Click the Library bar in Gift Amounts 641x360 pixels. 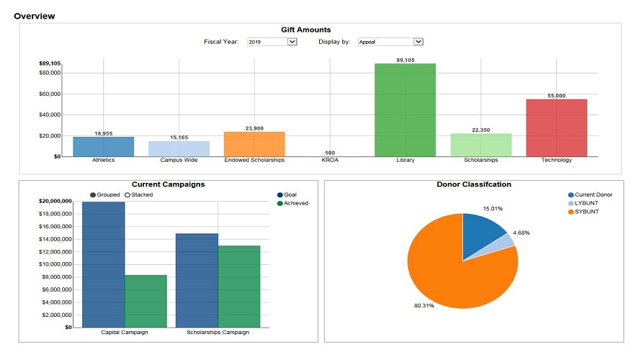tap(405, 110)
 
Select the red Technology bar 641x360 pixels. tap(556, 127)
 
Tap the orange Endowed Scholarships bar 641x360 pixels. tap(254, 144)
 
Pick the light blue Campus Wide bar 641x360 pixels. tap(179, 148)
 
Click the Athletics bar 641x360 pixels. tap(103, 146)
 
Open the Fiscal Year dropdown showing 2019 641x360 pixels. tap(272, 42)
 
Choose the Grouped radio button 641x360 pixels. tap(93, 195)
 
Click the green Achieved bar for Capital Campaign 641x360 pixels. tap(145, 301)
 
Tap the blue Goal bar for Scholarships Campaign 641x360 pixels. tap(197, 280)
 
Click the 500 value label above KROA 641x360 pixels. tap(329, 153)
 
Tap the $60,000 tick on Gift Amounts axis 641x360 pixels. tap(50, 94)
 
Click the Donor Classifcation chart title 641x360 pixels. tap(474, 184)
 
